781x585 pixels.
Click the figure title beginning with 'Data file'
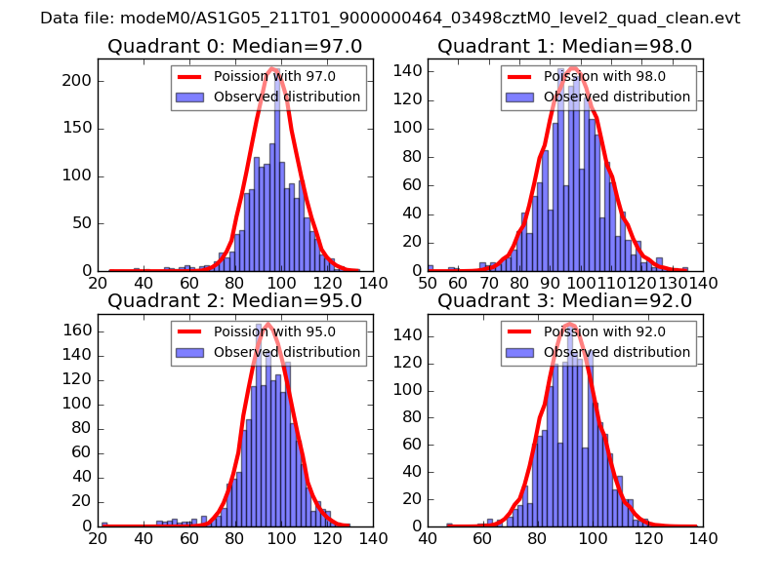pos(390,19)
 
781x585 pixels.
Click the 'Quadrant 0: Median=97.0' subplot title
pos(234,46)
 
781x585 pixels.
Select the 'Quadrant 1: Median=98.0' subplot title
pos(564,46)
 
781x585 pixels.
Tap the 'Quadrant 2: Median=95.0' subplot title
pos(234,300)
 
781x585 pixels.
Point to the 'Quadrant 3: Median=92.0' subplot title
pos(564,300)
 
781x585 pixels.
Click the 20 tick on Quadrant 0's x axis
pos(99,284)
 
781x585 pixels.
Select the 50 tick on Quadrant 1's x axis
pos(428,284)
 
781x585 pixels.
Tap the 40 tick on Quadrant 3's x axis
pos(428,538)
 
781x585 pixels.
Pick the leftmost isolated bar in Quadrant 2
pos(104,524)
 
